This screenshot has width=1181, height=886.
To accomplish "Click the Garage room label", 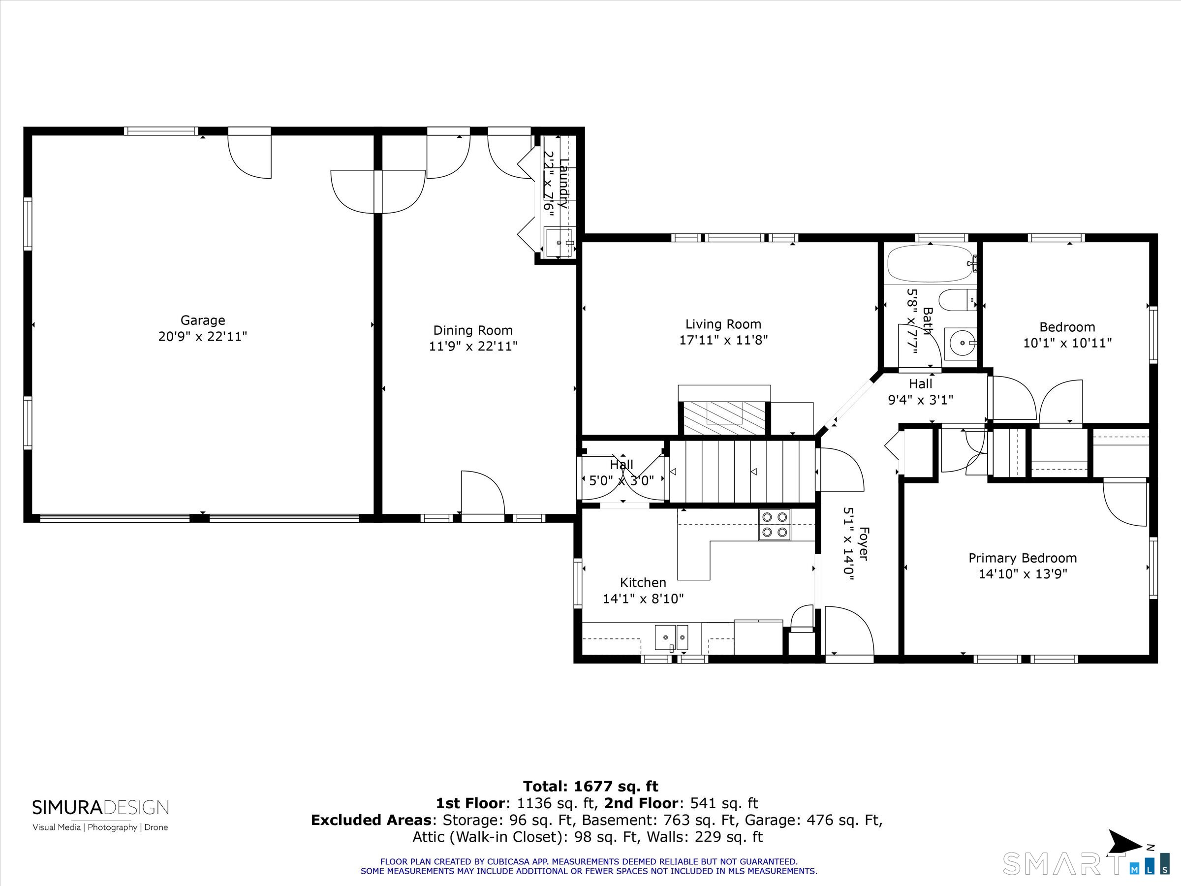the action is (202, 320).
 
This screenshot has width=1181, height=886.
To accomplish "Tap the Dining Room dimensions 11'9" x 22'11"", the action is (473, 346).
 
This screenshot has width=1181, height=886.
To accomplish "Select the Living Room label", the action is (723, 324).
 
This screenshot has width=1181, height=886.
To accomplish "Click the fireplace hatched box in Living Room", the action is (724, 417).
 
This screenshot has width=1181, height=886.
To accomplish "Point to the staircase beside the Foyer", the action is (743, 472).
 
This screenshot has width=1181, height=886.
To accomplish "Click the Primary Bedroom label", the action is (1023, 558).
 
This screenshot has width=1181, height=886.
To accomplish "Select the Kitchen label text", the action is (643, 583).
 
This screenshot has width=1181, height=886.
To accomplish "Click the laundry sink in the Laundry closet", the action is (559, 243).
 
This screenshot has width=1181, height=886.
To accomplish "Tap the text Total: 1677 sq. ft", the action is (590, 787).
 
